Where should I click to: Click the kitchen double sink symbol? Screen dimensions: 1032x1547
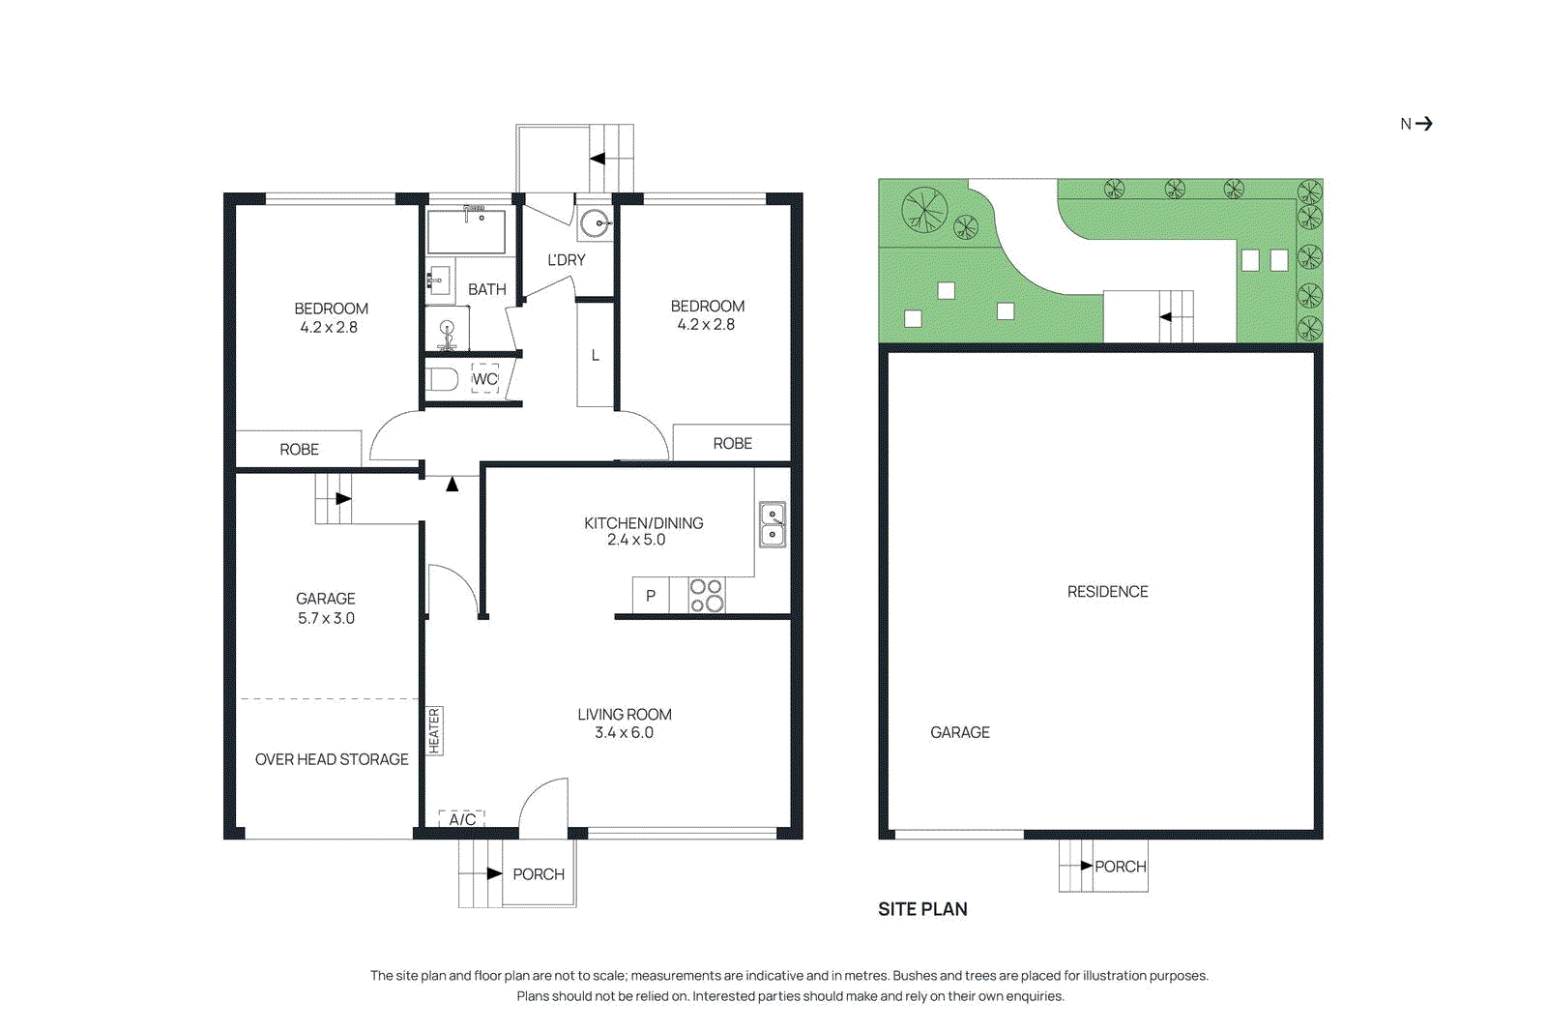tap(772, 524)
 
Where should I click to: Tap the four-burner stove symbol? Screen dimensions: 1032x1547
tap(707, 595)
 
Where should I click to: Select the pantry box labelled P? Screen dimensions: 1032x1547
tap(651, 595)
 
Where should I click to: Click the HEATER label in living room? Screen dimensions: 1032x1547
tap(434, 730)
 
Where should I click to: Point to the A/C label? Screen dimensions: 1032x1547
tap(462, 819)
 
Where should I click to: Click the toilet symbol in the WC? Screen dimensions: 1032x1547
tap(443, 378)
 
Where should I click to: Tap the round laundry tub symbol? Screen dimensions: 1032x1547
tap(595, 224)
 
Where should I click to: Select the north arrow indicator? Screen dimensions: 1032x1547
tap(1416, 124)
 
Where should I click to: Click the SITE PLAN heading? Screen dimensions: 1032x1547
tap(922, 909)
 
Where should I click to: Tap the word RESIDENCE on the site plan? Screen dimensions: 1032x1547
tap(1107, 591)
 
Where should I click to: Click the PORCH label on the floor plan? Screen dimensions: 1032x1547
tap(539, 874)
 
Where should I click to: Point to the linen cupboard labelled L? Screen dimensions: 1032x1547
tap(596, 356)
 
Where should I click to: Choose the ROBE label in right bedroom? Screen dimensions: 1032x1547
tap(732, 443)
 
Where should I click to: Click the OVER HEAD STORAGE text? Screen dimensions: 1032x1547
tap(332, 759)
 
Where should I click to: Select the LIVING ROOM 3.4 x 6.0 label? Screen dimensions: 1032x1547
tap(625, 723)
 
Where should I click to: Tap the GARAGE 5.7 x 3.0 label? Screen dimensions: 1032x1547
tap(326, 608)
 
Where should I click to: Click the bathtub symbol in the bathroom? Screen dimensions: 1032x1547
tap(467, 231)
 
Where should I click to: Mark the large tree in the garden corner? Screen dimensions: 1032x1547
tap(924, 210)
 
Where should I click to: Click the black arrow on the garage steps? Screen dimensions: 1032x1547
tap(343, 499)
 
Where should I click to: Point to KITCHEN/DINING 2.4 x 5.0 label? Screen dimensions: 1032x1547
tap(643, 531)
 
